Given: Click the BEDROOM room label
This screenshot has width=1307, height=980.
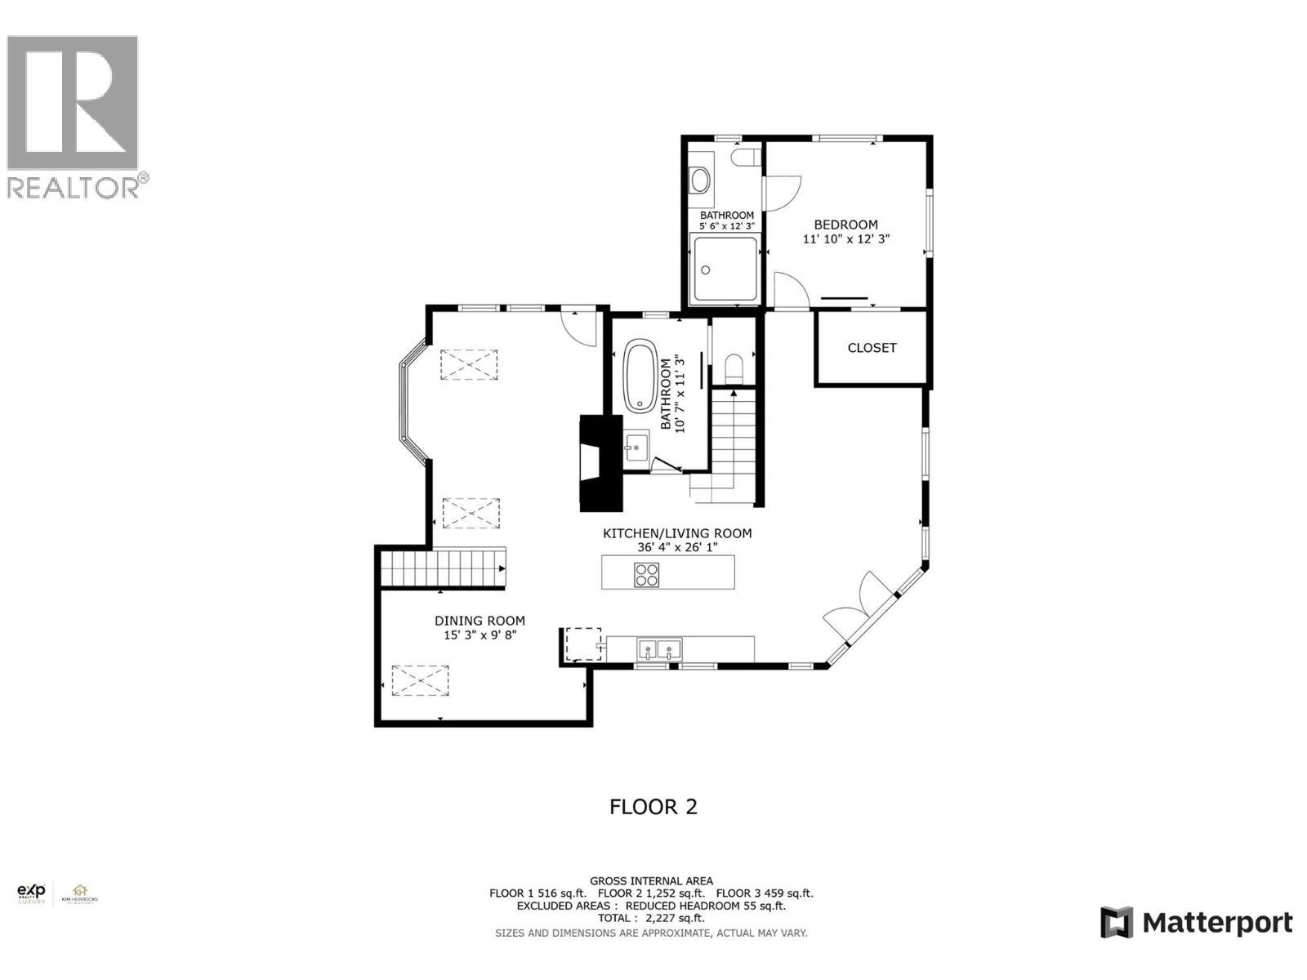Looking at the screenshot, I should pyautogui.click(x=845, y=225).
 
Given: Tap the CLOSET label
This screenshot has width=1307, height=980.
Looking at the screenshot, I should pyautogui.click(x=872, y=348).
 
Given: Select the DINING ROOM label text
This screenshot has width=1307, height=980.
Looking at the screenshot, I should pyautogui.click(x=480, y=621).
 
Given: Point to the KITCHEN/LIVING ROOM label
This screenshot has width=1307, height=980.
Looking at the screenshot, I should pyautogui.click(x=676, y=533).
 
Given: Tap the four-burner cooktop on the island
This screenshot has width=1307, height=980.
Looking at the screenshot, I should pyautogui.click(x=646, y=575).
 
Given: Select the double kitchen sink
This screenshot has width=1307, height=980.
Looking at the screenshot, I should pyautogui.click(x=658, y=650).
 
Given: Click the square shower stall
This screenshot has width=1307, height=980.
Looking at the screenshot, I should pyautogui.click(x=725, y=269).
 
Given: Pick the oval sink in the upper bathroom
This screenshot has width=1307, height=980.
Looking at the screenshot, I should pyautogui.click(x=700, y=180).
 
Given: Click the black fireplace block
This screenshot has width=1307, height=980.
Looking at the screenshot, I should pyautogui.click(x=600, y=464).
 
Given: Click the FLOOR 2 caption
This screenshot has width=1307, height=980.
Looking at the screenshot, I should pyautogui.click(x=653, y=807).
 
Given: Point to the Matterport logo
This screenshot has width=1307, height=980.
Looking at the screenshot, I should pyautogui.click(x=1196, y=923).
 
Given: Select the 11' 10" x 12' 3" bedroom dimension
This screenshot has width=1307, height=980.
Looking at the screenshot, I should pyautogui.click(x=845, y=239).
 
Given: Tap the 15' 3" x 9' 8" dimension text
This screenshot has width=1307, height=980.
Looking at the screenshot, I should pyautogui.click(x=480, y=635).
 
